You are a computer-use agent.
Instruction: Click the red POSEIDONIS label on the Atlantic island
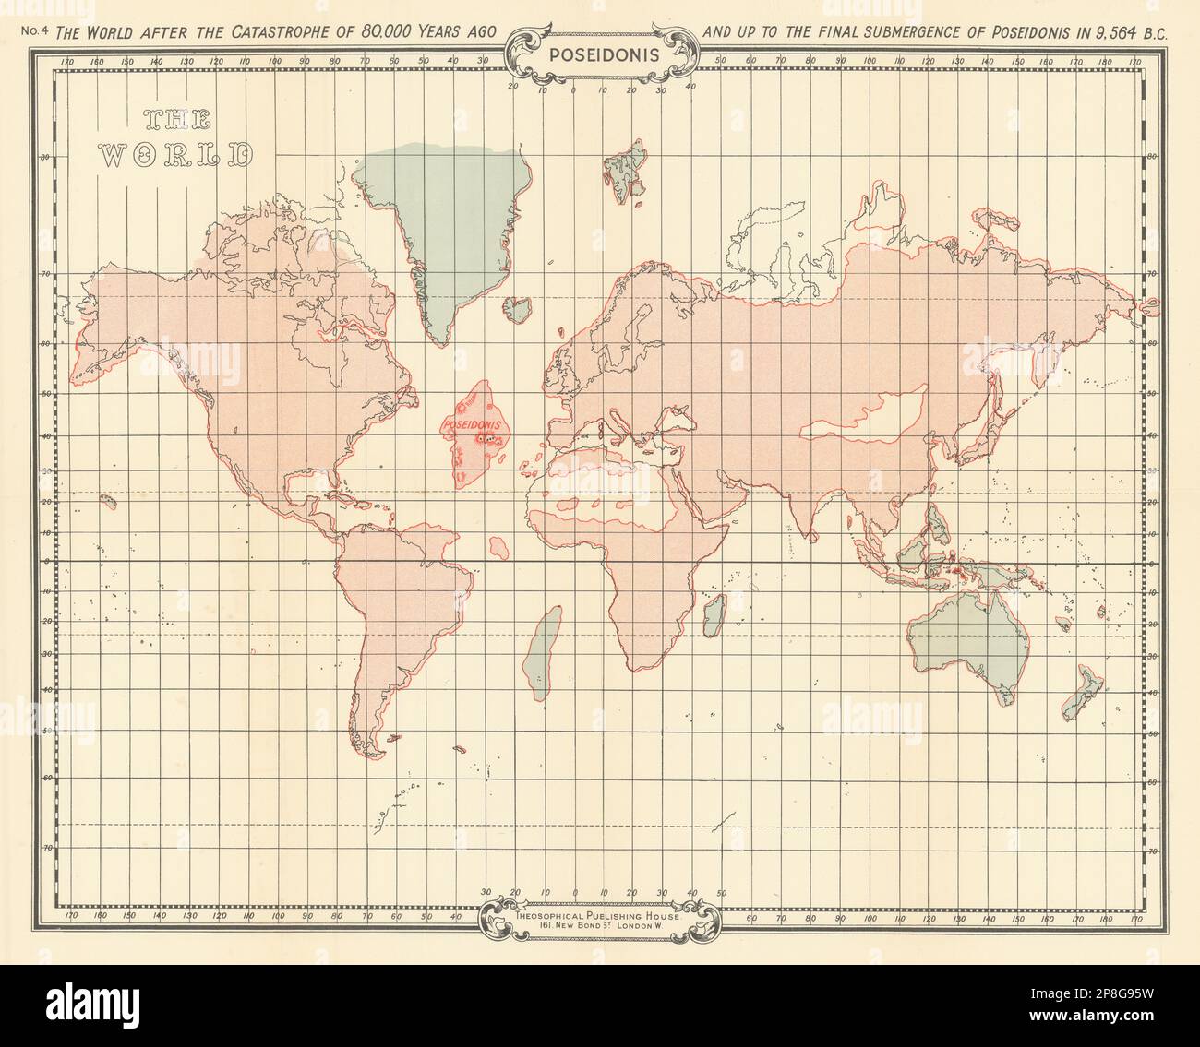470,426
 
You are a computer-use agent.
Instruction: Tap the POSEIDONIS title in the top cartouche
605,53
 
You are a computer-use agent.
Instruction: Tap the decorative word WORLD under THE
175,154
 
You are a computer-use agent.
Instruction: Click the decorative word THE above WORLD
177,119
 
